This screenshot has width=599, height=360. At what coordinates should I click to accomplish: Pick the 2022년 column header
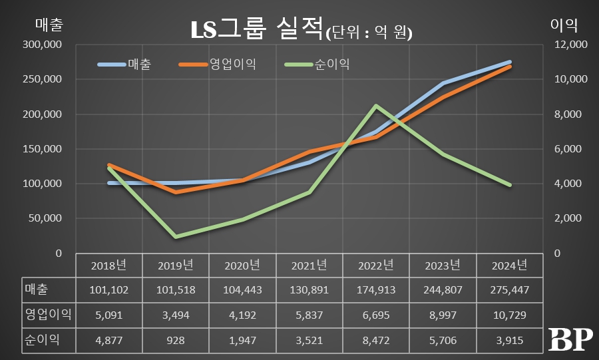coord(376,266)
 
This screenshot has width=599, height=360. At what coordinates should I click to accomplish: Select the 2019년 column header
coord(176,266)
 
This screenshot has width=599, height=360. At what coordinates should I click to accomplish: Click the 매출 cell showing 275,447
coord(509,289)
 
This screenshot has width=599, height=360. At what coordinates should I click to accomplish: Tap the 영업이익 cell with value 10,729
coord(509,315)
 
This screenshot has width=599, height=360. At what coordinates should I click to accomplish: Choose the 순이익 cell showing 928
coord(176,340)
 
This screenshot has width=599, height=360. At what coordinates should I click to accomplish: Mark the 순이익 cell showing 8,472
coord(376,340)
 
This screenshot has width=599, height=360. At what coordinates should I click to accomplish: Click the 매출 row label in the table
coord(39,289)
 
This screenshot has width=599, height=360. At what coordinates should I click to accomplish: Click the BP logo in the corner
coord(570,340)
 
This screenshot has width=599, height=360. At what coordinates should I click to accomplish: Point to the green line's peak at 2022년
coord(376,106)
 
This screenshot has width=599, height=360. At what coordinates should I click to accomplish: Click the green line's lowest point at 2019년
coord(176,236)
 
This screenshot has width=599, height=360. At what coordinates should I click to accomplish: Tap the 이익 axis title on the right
coord(564,25)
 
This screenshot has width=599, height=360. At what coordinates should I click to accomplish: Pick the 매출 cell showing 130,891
coord(309,289)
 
